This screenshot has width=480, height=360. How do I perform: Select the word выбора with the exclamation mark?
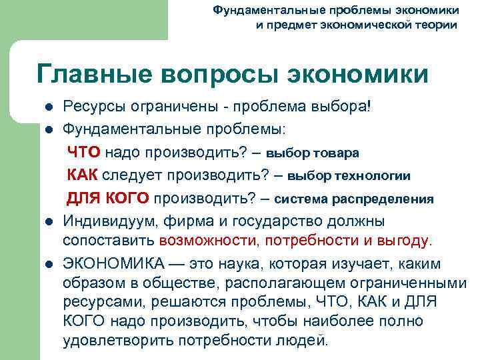pos(346,106)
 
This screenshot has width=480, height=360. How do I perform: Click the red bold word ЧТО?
pos(83,152)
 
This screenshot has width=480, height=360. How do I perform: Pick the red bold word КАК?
pos(83,175)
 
